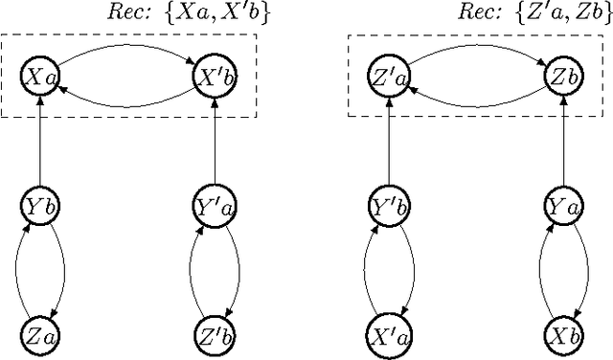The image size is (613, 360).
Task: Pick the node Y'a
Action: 212,205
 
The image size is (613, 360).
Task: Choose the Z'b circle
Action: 212,334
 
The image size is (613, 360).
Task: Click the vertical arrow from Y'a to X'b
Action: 212,140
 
